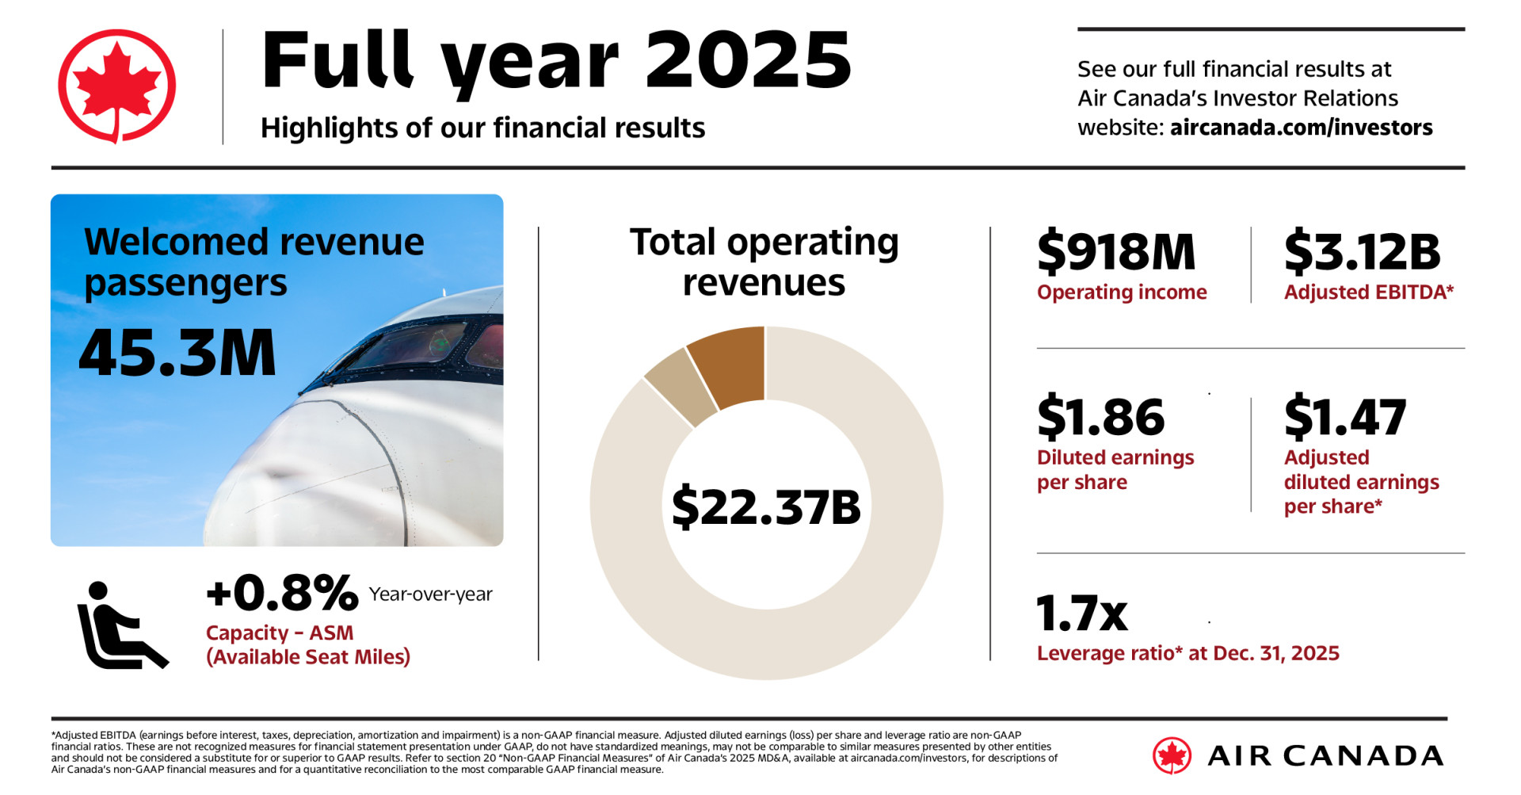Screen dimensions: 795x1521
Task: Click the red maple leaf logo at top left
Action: (116, 86)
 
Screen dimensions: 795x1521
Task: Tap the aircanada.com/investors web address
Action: (1301, 128)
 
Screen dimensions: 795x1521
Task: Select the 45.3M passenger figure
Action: (177, 354)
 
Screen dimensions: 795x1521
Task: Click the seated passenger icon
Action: (121, 626)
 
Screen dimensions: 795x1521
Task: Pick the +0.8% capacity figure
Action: (282, 593)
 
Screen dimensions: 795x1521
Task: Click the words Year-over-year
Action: (430, 594)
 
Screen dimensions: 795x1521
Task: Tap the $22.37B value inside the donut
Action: (766, 507)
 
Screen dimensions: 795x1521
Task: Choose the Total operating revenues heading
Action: (764, 262)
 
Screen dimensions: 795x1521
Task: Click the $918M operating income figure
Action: (1116, 252)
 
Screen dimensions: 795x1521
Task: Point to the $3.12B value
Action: (1362, 252)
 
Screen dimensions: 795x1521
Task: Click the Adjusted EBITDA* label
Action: (1368, 292)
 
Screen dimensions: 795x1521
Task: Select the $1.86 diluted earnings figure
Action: (1100, 417)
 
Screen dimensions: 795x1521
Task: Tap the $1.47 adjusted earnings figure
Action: (1344, 417)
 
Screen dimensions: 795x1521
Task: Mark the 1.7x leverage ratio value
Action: (1081, 614)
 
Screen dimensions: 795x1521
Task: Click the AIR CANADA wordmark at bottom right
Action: (1325, 756)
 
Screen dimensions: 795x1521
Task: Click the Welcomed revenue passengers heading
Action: (253, 262)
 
